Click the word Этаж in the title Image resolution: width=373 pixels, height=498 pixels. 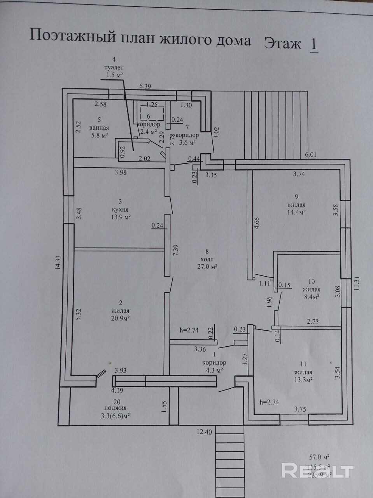click(282, 43)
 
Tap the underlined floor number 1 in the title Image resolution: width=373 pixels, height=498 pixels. click(313, 44)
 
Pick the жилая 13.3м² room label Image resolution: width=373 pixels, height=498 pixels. click(304, 372)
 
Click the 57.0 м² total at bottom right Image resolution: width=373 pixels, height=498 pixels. click(319, 457)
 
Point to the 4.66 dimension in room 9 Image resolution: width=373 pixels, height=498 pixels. click(256, 224)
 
